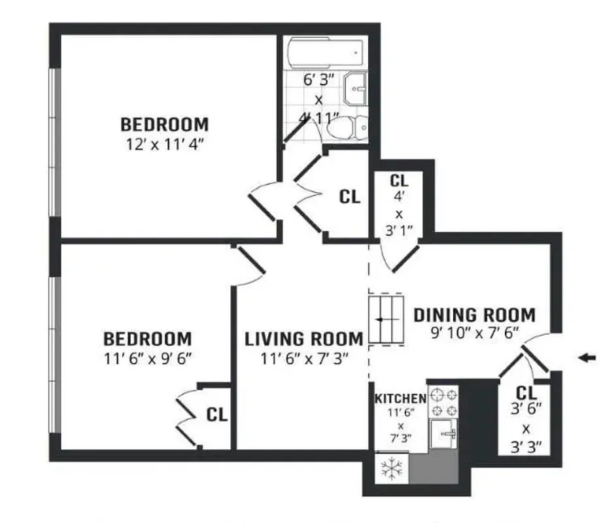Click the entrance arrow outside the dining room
click(588, 357)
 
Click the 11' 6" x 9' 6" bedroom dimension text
click(148, 359)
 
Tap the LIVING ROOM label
click(303, 339)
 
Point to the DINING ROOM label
click(474, 315)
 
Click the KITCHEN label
click(400, 398)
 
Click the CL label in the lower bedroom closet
click(216, 414)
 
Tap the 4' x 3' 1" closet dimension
click(398, 214)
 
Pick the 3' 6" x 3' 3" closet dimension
click(526, 430)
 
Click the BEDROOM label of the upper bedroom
click(165, 124)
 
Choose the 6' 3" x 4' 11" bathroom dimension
click(319, 100)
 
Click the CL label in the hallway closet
click(350, 197)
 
